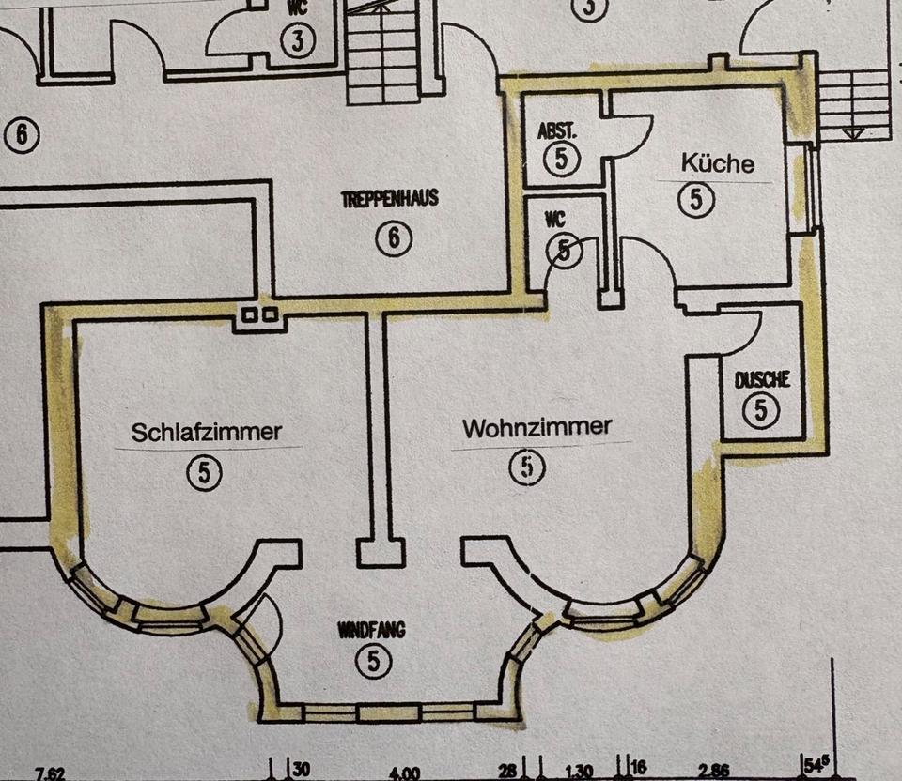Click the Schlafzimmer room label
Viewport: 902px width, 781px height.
click(x=207, y=433)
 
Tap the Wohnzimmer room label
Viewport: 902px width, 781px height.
click(x=537, y=428)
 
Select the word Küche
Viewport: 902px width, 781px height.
click(x=717, y=163)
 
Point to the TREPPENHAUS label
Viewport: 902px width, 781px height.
click(x=390, y=200)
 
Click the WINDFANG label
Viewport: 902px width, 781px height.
click(x=372, y=631)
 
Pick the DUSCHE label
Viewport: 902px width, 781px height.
click(x=762, y=380)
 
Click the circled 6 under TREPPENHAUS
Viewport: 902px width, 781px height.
click(x=394, y=238)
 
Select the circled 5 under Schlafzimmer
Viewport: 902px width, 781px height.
click(x=204, y=473)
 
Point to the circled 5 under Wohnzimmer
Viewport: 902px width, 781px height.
click(x=528, y=467)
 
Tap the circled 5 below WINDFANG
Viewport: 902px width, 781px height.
click(x=373, y=662)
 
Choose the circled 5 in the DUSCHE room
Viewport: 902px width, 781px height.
click(x=761, y=410)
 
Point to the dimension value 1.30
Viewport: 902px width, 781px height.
click(x=579, y=772)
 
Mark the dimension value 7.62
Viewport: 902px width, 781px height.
click(x=50, y=773)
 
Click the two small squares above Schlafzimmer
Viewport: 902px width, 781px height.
click(x=260, y=316)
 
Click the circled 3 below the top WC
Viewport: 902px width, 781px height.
click(x=298, y=42)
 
